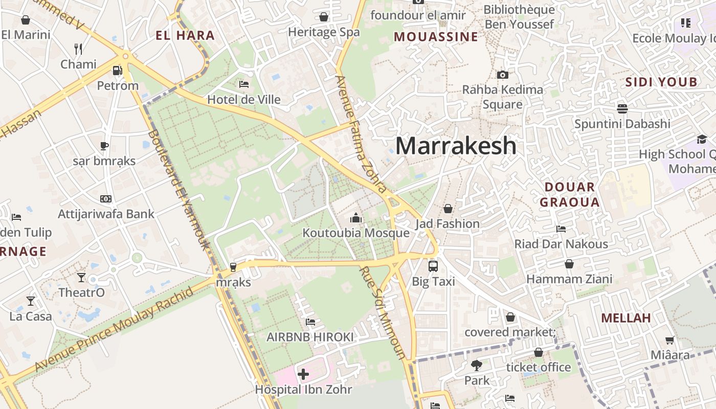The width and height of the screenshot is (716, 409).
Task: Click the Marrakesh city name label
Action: point(456,146)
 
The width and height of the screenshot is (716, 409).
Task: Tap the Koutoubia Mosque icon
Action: point(356,218)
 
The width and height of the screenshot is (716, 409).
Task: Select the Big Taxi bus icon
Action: point(433,266)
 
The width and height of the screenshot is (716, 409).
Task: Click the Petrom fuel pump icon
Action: point(118,71)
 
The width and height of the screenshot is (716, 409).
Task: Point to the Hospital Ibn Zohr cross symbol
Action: point(303,374)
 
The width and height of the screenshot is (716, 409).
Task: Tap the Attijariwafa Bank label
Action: point(106,214)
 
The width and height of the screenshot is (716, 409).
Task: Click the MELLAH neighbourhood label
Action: point(626,318)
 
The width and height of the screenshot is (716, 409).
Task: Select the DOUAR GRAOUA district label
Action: point(570,194)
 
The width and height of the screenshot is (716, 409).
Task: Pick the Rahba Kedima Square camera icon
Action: point(503,75)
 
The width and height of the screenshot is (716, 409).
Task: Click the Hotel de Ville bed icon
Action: point(244,84)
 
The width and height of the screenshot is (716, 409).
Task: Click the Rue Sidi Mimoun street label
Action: point(383,312)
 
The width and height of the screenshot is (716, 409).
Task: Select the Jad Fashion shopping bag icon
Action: point(447,209)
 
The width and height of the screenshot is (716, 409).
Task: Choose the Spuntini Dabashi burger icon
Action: point(622,108)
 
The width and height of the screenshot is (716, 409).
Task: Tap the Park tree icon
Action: point(477,366)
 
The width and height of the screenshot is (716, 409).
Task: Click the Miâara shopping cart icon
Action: point(669,340)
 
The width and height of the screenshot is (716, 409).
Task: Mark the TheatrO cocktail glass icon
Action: point(81,278)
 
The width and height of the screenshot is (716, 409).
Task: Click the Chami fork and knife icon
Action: point(78,49)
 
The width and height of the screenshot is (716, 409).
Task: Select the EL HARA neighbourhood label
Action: point(185,35)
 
